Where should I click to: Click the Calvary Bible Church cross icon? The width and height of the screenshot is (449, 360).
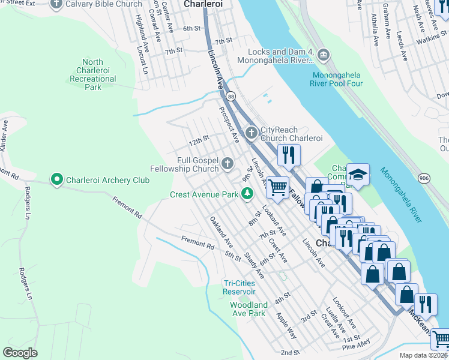coord(57,4)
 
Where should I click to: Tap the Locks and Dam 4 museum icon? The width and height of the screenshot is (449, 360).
coord(324,56)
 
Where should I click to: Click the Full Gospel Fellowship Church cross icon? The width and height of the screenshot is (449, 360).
coord(228,163)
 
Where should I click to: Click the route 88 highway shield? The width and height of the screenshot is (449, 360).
coord(231,96)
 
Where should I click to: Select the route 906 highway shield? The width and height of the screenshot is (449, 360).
coord(424,178)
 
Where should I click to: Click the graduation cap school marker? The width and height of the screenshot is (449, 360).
coord(358,175)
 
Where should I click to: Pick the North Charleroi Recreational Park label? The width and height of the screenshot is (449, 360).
coord(93,74)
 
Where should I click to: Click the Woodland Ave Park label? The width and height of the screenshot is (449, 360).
coord(249,309)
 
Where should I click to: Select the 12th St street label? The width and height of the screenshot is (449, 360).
coord(198,142)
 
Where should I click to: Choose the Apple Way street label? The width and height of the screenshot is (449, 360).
coord(286,324)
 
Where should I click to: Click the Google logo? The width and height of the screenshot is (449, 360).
coord(20,352)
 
